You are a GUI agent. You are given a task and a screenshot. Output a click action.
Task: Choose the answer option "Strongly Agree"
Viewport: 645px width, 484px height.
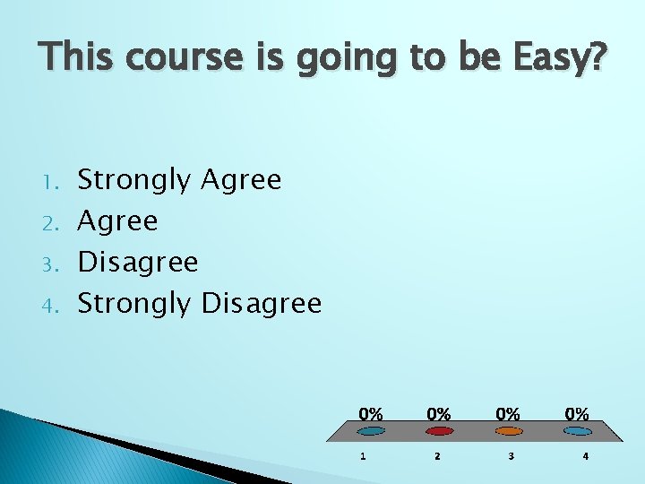click(x=179, y=181)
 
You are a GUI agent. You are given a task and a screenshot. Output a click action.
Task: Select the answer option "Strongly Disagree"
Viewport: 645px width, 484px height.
click(x=199, y=304)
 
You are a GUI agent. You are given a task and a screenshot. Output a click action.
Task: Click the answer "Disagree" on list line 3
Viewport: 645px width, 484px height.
click(x=138, y=263)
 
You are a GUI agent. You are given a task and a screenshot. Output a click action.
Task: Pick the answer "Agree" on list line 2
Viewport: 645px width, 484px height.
click(x=117, y=221)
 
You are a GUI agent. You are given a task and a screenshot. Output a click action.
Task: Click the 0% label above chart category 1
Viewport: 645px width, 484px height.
click(x=371, y=414)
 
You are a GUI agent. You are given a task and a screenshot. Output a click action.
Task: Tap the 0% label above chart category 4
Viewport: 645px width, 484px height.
click(x=577, y=414)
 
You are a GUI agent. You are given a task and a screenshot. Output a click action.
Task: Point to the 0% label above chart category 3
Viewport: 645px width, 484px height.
click(x=508, y=414)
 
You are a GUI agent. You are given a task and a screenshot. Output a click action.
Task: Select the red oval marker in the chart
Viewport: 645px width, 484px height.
click(x=438, y=431)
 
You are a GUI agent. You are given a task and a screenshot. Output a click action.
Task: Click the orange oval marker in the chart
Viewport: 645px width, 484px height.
click(x=508, y=431)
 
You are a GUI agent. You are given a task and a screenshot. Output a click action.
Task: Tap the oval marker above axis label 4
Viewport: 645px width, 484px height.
click(x=577, y=431)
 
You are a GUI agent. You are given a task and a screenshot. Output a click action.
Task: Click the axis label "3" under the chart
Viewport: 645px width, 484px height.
click(x=511, y=456)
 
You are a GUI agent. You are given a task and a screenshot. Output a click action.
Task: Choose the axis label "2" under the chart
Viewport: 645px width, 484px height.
click(x=437, y=456)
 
